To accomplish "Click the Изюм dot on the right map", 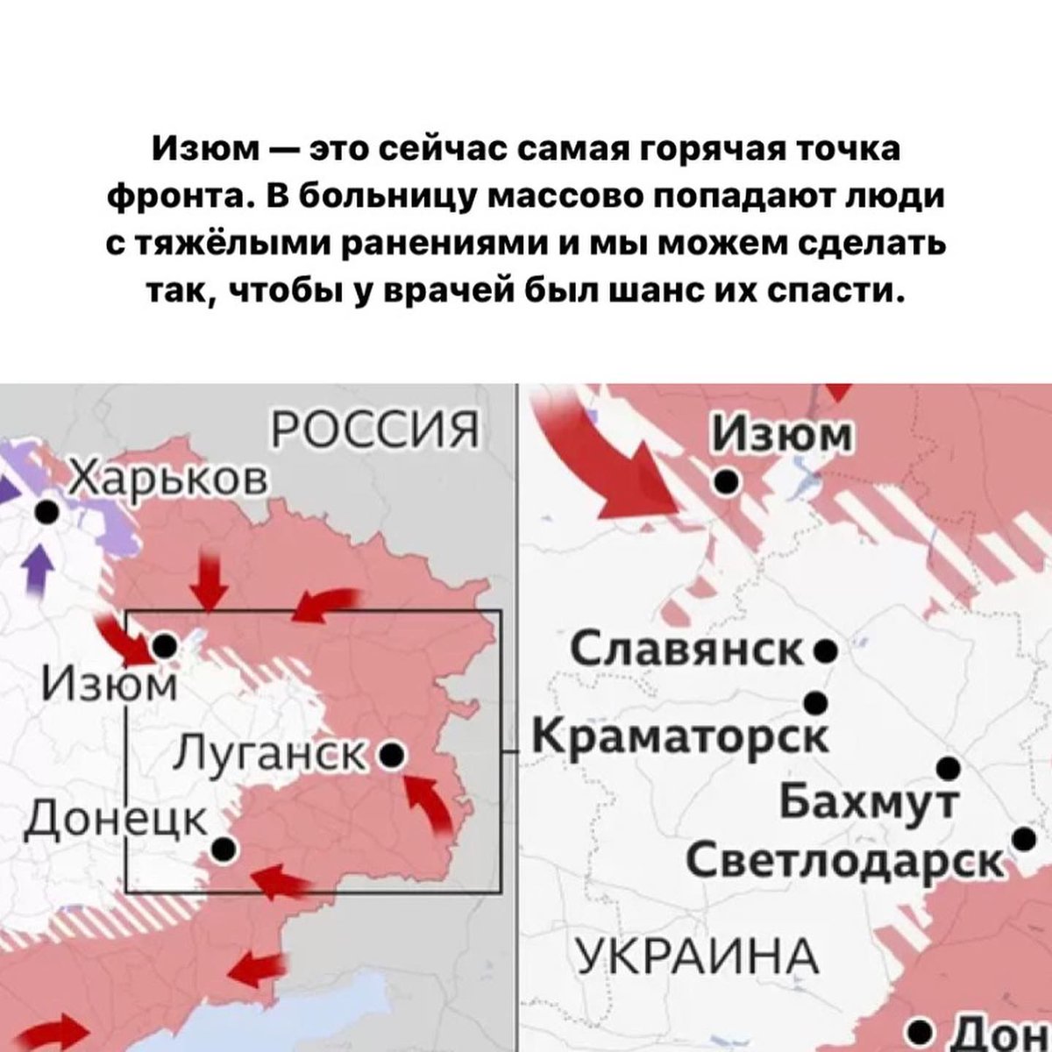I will pos(725,480).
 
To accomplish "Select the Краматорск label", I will pos(680,735).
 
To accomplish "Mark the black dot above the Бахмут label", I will pos(948,769).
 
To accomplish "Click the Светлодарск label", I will pos(844,860).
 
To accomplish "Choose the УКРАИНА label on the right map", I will pos(697,954).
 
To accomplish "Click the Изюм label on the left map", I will pos(110,681).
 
